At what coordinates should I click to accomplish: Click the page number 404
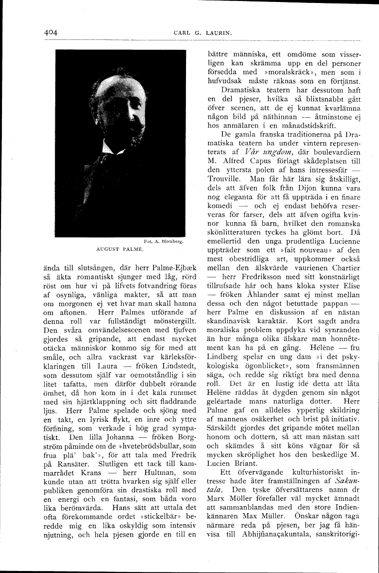(51, 32)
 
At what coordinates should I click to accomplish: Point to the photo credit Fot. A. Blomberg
(164, 240)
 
